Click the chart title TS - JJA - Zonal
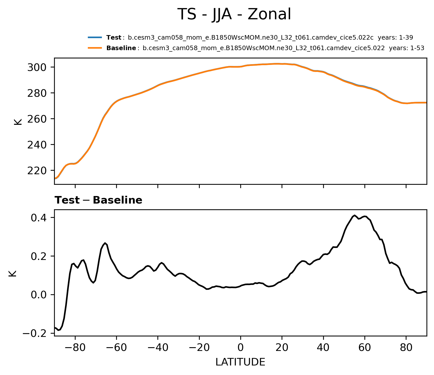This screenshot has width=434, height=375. (x=234, y=14)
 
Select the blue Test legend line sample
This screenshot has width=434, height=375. (x=95, y=38)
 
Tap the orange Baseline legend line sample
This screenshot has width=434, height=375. (x=95, y=48)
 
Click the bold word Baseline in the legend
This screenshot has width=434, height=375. (x=121, y=48)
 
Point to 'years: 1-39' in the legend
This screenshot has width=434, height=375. (x=395, y=38)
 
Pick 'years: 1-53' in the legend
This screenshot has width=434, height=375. (x=406, y=48)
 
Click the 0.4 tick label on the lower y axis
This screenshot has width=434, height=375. (x=39, y=218)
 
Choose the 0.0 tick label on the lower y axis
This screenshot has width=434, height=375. (x=39, y=295)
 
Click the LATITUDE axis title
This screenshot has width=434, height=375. (x=240, y=362)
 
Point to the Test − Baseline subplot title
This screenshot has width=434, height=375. (x=98, y=200)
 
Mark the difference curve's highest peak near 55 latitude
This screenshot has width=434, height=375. (x=355, y=215)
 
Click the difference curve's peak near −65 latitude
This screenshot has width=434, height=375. (x=105, y=243)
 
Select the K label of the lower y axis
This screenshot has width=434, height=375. (x=13, y=273)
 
